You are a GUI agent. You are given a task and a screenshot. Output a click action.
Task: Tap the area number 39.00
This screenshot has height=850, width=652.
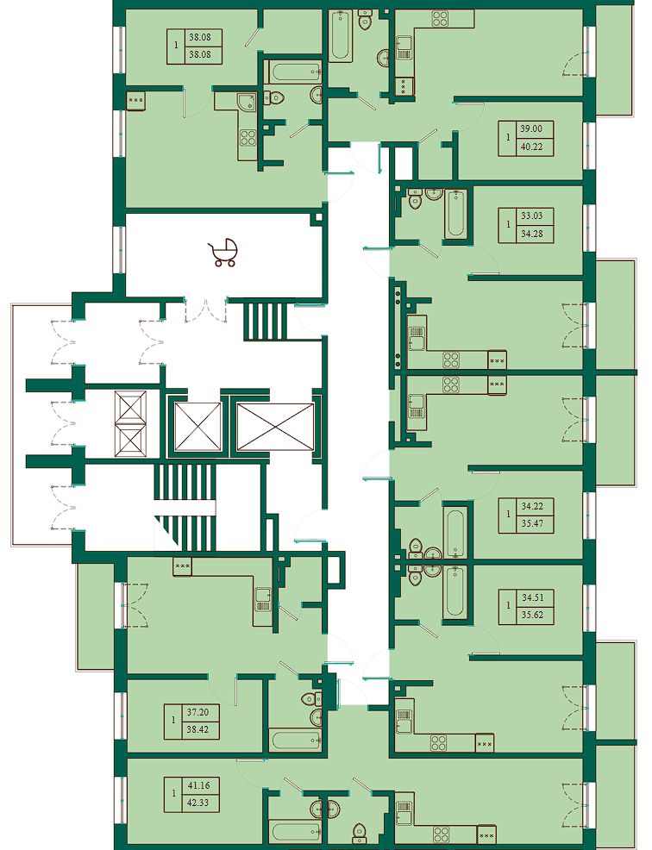pyautogui.click(x=531, y=129)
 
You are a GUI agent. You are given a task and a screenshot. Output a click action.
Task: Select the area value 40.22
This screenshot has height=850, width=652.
pyautogui.click(x=531, y=147)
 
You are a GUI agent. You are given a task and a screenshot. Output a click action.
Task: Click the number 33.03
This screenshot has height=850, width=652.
pyautogui.click(x=531, y=216)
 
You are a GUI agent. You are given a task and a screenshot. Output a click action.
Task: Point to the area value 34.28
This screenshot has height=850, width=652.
pyautogui.click(x=531, y=234)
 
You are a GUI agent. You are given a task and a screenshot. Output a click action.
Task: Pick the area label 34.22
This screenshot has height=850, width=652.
pyautogui.click(x=532, y=506)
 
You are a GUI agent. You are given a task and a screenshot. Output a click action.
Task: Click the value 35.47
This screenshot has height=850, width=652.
pyautogui.click(x=532, y=523)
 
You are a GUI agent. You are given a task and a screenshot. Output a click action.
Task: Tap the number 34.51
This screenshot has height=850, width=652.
pyautogui.click(x=532, y=598)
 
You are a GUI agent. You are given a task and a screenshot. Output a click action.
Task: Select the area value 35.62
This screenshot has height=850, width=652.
pyautogui.click(x=532, y=616)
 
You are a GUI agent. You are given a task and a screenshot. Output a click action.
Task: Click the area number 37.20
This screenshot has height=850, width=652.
pyautogui.click(x=197, y=712)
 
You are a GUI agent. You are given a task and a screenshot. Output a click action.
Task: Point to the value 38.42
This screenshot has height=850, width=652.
pyautogui.click(x=197, y=729)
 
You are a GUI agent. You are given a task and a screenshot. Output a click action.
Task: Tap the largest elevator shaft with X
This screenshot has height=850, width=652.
pyautogui.click(x=276, y=427)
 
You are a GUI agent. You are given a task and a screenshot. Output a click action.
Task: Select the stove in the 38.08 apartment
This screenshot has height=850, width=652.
pyautogui.click(x=248, y=138)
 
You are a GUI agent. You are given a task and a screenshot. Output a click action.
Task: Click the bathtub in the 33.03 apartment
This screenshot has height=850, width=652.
pyautogui.click(x=455, y=213)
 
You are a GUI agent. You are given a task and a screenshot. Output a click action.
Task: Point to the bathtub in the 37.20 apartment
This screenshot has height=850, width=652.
pyautogui.click(x=296, y=741)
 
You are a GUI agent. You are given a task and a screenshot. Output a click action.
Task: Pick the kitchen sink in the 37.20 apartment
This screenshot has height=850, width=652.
pyautogui.click(x=263, y=598)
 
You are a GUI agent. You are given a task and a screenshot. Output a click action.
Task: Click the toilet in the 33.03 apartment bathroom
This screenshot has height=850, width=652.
pyautogui.click(x=416, y=199)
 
